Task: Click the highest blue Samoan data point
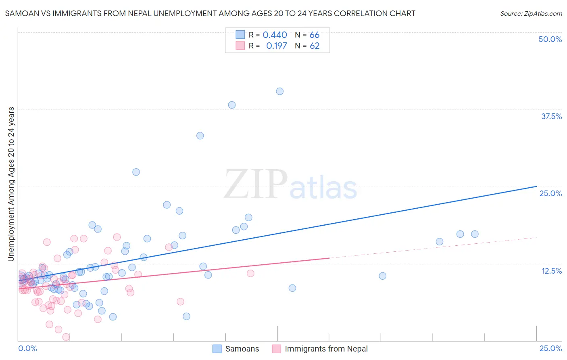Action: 279,91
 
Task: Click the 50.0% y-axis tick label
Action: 550,39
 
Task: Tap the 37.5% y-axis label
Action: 551,116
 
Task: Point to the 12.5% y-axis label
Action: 551,271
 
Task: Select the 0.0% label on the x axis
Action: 27,349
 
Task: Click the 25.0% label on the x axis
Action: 550,349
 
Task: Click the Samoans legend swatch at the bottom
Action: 217,349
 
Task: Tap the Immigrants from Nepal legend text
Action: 326,349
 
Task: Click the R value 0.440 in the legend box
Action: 275,35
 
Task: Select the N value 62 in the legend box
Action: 315,46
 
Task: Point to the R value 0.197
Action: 276,46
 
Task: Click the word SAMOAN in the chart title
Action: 21,14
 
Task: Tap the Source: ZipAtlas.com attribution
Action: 531,14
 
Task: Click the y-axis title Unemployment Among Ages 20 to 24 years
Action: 11,184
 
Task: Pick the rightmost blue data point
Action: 475,234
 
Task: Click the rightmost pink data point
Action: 250,273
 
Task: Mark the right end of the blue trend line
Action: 536,186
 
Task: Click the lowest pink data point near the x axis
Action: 66,337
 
